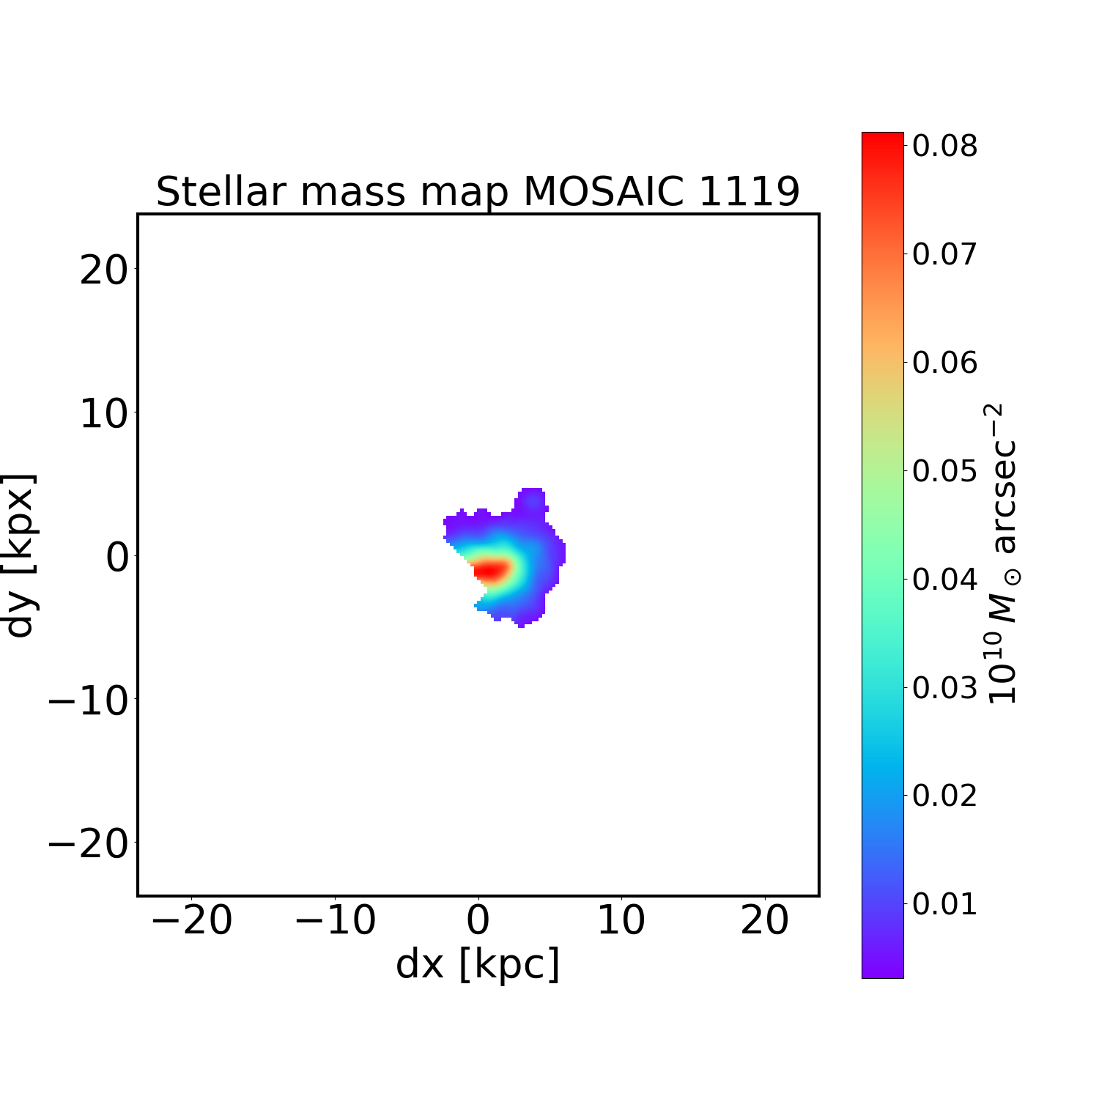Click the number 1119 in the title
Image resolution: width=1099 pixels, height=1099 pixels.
coord(749,192)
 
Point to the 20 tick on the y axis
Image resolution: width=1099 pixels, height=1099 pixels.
coord(103,271)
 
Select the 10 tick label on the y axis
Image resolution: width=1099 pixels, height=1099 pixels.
coord(103,415)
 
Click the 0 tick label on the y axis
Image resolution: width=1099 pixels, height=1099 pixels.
coord(117,558)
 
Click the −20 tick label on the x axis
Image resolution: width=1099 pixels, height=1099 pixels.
coord(191,920)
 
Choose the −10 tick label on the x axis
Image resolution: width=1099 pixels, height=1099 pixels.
coord(335,920)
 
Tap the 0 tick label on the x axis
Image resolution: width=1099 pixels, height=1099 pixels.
coord(478,920)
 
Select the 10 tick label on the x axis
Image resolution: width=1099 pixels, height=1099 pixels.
coord(621,920)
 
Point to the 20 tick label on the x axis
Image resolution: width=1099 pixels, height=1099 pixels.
coord(765,920)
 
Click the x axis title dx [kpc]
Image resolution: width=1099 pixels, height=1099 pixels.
coord(478,964)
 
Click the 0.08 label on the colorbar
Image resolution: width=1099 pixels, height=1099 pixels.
coord(944,146)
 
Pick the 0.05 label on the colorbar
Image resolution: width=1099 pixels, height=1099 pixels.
coord(944,471)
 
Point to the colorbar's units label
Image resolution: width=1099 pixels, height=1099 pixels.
coord(1002,554)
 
